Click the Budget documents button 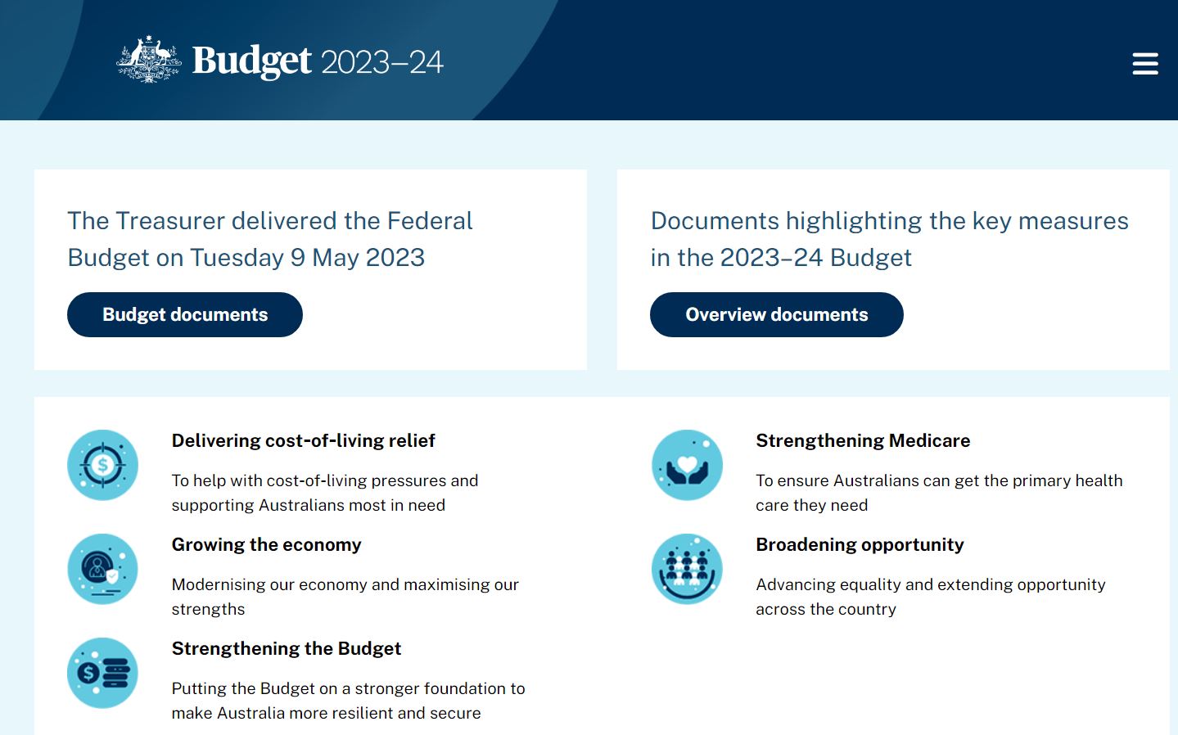click(x=184, y=314)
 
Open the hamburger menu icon click(x=1145, y=63)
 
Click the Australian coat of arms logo click(x=149, y=60)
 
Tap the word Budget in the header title click(x=252, y=61)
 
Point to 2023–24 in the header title click(x=382, y=62)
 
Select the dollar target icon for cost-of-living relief click(x=102, y=465)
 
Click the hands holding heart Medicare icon click(x=687, y=465)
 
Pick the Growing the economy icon click(x=102, y=569)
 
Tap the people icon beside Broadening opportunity click(x=687, y=569)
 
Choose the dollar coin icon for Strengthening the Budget click(x=102, y=673)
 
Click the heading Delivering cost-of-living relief click(x=304, y=440)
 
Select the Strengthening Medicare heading click(x=863, y=440)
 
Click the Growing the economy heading click(x=267, y=544)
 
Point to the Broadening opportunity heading click(x=860, y=544)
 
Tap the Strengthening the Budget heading click(x=287, y=649)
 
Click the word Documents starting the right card click(x=715, y=221)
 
